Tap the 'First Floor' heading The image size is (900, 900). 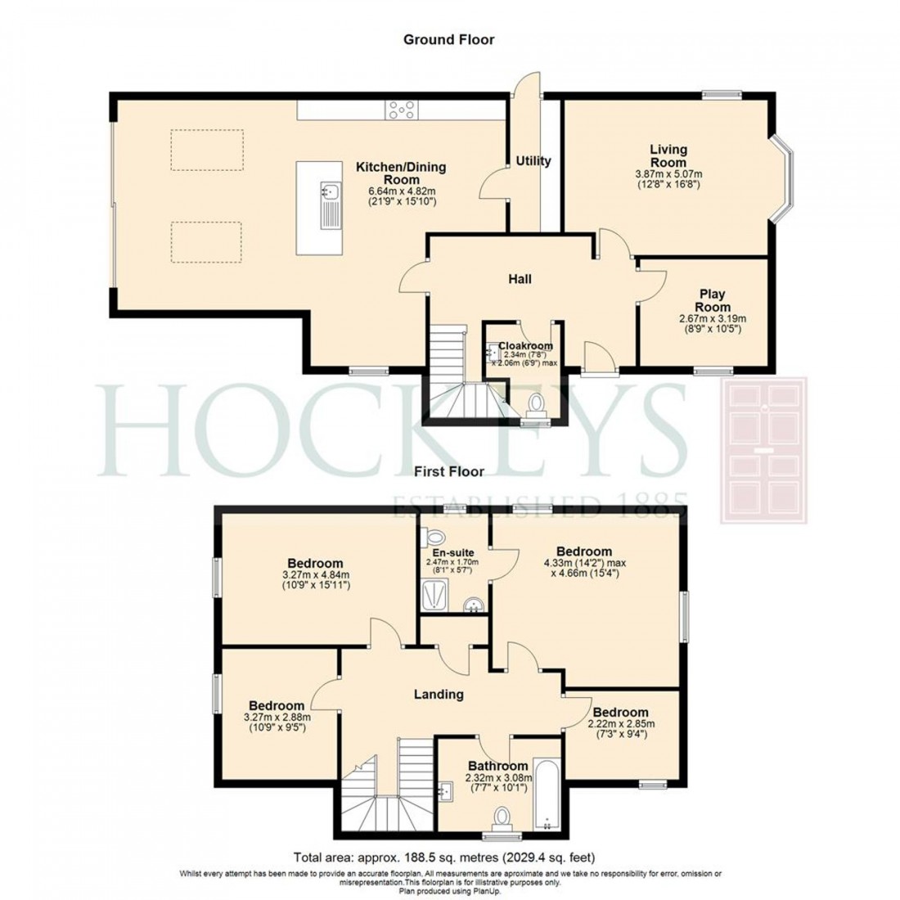[448, 471]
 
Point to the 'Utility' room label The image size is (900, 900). [533, 161]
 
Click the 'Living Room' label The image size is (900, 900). [668, 156]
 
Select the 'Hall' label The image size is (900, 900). [520, 279]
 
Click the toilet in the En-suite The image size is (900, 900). [434, 538]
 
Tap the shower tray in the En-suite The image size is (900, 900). [435, 596]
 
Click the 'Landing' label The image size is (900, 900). [438, 695]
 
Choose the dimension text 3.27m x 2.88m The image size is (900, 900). [277, 717]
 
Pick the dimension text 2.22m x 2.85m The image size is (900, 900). [621, 723]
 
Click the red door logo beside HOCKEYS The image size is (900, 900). [763, 450]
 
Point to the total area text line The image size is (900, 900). [449, 857]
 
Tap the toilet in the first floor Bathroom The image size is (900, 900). [502, 817]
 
